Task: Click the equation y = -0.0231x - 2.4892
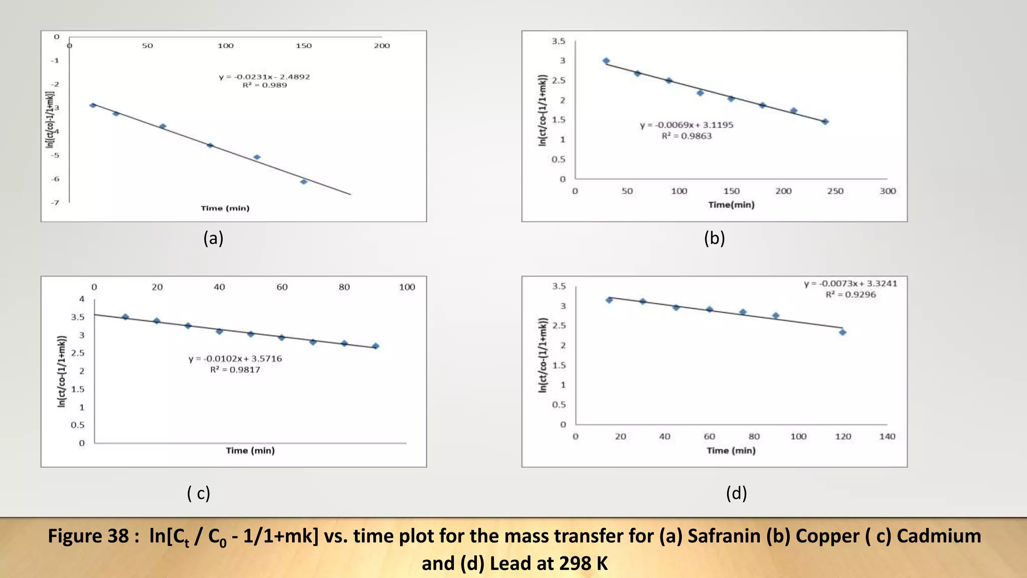264,77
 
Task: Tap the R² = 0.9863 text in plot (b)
687,136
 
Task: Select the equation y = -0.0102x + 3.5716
235,359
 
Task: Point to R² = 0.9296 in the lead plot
850,295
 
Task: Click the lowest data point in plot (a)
303,182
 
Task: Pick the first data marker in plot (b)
606,61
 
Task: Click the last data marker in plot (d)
842,332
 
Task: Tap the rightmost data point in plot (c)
376,346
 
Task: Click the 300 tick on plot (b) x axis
887,191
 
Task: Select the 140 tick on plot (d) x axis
887,437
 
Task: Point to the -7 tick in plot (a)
55,203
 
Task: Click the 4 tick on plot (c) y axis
82,299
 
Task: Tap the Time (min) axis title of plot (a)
225,208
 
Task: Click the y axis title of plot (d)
542,355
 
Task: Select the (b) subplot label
714,238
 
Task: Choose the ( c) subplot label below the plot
199,493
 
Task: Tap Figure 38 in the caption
88,536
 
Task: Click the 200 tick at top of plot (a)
382,46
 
